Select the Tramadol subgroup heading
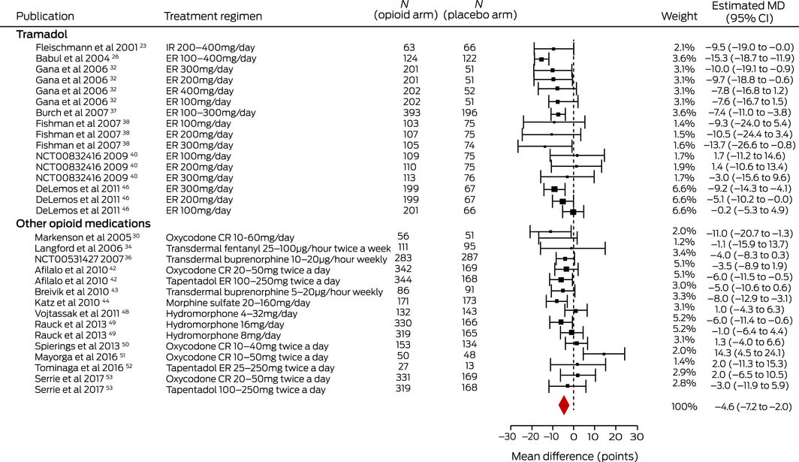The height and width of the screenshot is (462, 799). [x=39, y=34]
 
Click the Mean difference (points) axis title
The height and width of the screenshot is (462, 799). [x=574, y=455]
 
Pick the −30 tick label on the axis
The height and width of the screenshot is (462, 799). [x=507, y=437]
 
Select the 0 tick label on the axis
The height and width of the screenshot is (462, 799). [x=574, y=437]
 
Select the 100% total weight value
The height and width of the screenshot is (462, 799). [x=684, y=406]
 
